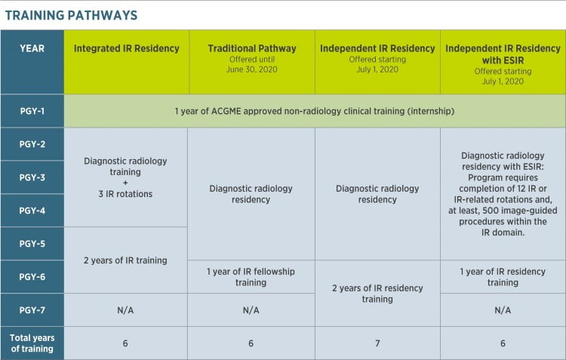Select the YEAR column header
point(32,48)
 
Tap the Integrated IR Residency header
point(126,48)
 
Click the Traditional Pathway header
point(251,48)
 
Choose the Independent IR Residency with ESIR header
point(503,48)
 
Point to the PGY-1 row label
point(32,111)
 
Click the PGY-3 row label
point(32,177)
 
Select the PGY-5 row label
point(32,244)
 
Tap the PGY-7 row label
point(32,310)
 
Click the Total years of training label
point(32,343)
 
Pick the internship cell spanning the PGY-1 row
point(315,111)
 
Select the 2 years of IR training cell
point(126,260)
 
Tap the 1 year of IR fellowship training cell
point(251,277)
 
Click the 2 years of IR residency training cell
point(377,294)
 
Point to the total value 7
point(377,343)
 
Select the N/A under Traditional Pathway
point(251,310)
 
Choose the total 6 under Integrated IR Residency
point(126,343)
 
